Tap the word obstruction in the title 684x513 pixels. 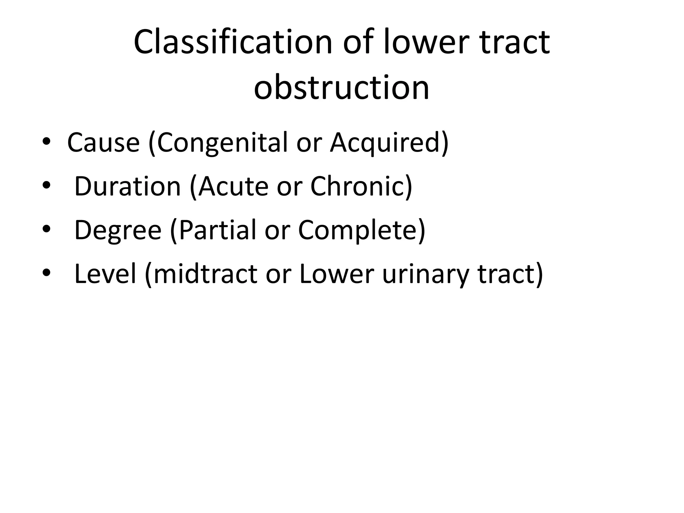[x=341, y=88]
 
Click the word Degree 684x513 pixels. [x=118, y=230]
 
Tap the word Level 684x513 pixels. [x=105, y=274]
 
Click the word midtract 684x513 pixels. [x=205, y=274]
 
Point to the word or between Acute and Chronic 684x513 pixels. [x=289, y=187]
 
